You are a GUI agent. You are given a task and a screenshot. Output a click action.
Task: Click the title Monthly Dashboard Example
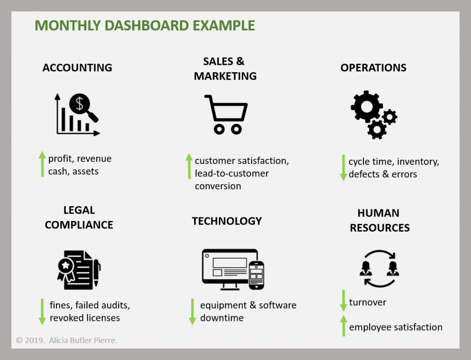pos(145,26)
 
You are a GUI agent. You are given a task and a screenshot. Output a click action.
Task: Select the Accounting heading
pos(77,68)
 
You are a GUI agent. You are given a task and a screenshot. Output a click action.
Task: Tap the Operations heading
pos(373,68)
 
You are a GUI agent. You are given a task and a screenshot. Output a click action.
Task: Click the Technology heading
pos(227,221)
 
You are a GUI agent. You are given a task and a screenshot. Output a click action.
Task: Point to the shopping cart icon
pos(226,114)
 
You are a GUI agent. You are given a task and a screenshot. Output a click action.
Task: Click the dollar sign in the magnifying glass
pos(79,104)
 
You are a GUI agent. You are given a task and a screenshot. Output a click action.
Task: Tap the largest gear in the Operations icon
pos(367,106)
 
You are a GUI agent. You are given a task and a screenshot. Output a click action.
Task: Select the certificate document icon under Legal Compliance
pos(79,270)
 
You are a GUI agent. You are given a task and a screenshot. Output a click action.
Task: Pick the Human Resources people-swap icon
pos(379,269)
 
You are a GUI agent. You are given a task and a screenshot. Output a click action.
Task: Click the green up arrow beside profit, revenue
pos(42,164)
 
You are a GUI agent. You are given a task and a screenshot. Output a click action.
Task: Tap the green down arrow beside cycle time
pos(343,168)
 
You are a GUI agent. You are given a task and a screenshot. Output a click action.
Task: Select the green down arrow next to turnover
pos(343,301)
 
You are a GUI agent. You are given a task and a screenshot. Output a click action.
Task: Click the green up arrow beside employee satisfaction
pos(344,325)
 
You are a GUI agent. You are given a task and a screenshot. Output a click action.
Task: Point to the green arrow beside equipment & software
pos(192,312)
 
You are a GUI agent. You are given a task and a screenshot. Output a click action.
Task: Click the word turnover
pos(368,302)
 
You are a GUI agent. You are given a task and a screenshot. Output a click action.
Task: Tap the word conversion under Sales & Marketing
pos(218,186)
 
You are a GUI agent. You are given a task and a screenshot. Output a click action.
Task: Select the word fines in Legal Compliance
pos(61,305)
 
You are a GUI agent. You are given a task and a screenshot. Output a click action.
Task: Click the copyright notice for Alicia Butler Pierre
pos(66,340)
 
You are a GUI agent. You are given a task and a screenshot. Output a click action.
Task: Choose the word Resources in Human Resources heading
pos(379,228)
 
